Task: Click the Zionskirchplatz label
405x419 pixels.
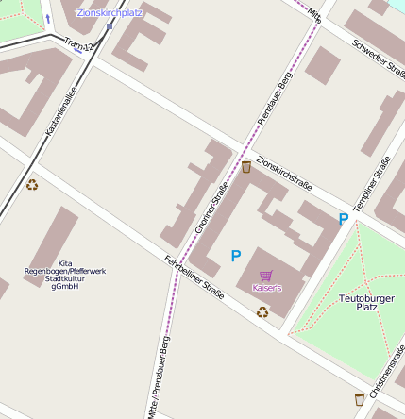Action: click(109, 13)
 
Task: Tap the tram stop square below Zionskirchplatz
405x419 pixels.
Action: click(110, 25)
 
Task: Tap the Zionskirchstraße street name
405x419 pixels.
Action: click(284, 173)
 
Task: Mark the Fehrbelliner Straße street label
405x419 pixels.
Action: click(194, 277)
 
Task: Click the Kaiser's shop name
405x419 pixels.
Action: click(266, 288)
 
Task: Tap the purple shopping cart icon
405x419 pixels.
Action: click(266, 276)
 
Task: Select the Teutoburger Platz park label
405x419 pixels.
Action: click(357, 303)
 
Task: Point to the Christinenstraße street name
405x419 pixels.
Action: click(389, 373)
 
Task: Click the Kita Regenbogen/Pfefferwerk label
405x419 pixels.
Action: click(65, 274)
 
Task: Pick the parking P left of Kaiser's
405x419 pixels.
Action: click(236, 256)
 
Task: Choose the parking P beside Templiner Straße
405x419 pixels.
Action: click(343, 219)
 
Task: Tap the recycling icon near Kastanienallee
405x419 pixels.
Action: click(32, 185)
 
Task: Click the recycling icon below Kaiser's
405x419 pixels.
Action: click(262, 310)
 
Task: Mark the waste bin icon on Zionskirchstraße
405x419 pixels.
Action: click(246, 167)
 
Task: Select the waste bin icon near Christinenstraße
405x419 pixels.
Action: click(359, 400)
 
